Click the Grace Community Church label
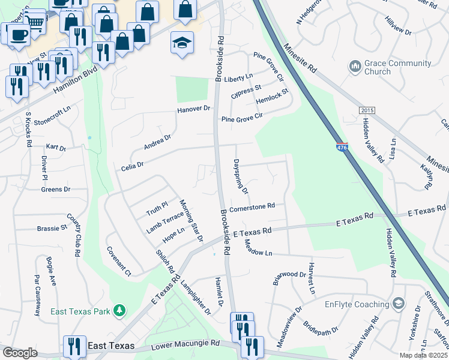click(397, 67)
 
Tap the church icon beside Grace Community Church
click(354, 64)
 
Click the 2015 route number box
click(367, 111)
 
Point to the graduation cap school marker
click(182, 43)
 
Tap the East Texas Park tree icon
click(121, 310)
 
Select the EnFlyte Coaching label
click(357, 304)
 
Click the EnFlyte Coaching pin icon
click(397, 304)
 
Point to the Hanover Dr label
click(194, 109)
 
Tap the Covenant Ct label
click(118, 261)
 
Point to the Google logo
click(20, 352)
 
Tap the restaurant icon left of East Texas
click(74, 346)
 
